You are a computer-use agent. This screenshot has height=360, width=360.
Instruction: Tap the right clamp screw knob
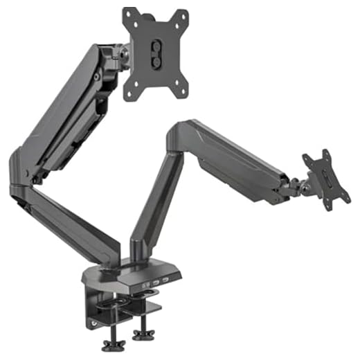[143, 335]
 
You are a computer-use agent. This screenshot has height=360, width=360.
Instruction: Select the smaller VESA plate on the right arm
[323, 178]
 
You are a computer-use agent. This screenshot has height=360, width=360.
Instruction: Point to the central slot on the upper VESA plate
[156, 51]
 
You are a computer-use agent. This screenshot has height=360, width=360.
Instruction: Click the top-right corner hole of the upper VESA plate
[185, 15]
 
